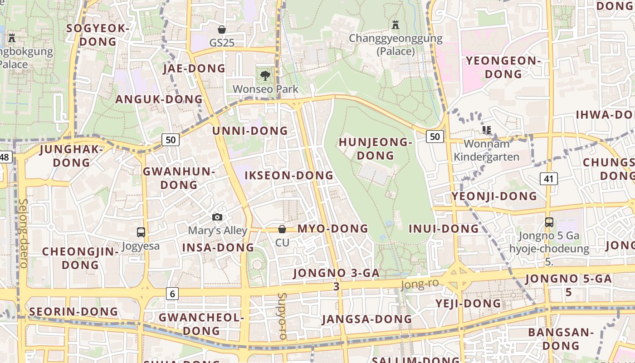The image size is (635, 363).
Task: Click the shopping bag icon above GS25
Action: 222,30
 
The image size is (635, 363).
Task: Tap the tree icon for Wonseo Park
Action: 265,75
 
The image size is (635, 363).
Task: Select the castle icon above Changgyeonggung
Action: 396,25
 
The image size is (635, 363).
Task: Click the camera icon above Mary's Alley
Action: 217,217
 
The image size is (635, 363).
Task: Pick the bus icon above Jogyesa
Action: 141,232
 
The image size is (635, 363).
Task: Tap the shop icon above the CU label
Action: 282,229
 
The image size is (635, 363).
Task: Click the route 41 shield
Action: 549,179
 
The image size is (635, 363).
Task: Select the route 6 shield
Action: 172,294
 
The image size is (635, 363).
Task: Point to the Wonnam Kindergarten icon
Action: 487,131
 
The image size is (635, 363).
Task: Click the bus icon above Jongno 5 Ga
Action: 549,222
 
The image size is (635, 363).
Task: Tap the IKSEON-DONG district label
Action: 289,176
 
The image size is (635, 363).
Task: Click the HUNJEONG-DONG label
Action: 375,149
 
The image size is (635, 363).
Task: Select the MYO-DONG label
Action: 332,229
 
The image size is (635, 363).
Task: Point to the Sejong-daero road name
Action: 23,233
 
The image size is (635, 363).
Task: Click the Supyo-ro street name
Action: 282,316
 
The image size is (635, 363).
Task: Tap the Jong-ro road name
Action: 420,285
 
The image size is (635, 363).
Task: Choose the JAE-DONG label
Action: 194,69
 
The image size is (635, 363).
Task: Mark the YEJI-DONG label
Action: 468,303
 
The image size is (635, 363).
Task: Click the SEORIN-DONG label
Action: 73,312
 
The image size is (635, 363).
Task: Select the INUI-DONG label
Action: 444,229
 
